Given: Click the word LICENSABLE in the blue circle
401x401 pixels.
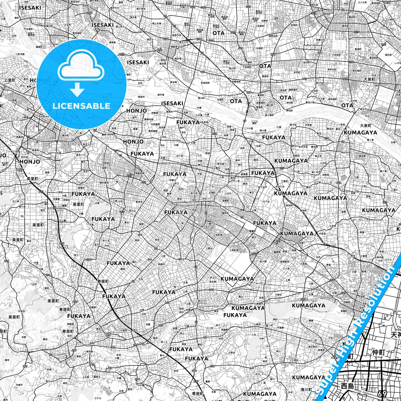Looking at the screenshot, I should (x=81, y=106).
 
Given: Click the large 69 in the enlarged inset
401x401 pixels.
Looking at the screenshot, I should (x=382, y=394).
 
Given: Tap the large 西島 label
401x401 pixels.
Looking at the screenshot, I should (x=348, y=386).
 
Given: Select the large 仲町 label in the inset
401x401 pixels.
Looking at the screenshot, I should (x=378, y=353).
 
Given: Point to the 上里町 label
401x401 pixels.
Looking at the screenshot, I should (x=10, y=80).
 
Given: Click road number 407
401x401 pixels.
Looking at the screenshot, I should (x=338, y=182).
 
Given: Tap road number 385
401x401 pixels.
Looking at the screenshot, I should (x=303, y=299).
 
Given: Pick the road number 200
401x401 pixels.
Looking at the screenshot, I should (x=343, y=293).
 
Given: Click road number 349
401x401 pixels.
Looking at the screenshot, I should (x=7, y=261).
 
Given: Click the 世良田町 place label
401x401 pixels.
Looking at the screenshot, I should (x=205, y=83).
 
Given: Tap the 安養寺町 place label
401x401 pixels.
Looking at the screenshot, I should (x=236, y=82).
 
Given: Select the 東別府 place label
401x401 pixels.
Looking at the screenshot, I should (x=303, y=211).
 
